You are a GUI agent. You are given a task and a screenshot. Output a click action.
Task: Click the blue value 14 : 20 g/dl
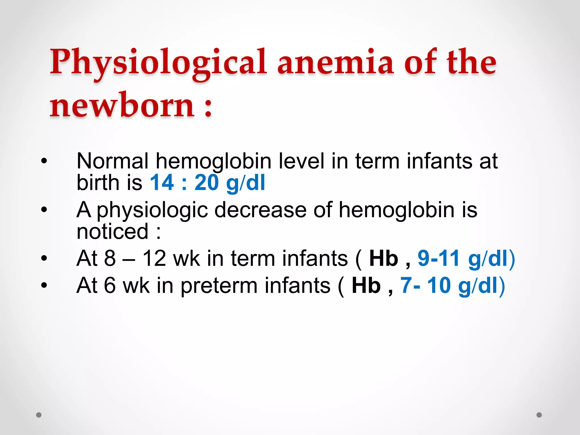207,183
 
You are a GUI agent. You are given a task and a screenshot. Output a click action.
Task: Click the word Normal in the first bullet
112,161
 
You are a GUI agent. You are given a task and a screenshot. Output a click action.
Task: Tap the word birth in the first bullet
98,183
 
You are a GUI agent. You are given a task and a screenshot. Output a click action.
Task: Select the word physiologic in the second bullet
152,210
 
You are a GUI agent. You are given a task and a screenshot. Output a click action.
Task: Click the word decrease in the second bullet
260,210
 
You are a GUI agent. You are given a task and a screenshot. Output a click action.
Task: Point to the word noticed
112,231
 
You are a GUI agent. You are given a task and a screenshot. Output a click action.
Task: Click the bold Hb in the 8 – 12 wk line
383,259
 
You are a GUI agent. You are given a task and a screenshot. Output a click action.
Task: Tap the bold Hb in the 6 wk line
366,285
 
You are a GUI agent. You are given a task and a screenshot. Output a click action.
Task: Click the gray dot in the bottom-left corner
39,415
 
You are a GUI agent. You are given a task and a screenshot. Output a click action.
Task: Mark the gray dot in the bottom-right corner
539,415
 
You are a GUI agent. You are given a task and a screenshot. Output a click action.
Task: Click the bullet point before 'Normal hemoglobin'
44,161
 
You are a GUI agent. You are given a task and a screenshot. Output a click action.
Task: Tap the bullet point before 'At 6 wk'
44,285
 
